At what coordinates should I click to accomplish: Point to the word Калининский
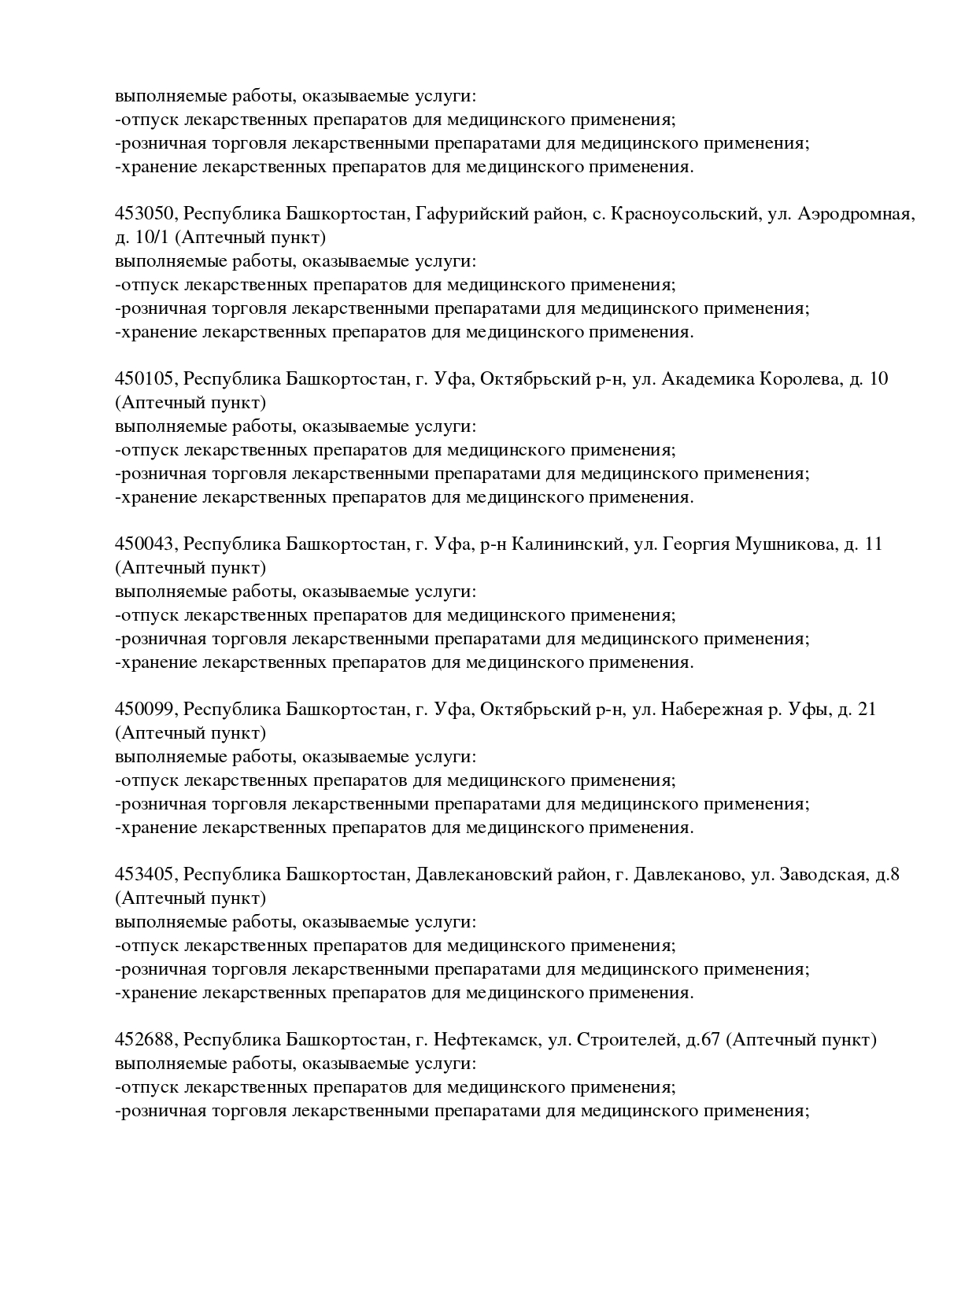point(567,544)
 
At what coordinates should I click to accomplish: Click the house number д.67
point(703,1040)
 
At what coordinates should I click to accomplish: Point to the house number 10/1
point(153,238)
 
